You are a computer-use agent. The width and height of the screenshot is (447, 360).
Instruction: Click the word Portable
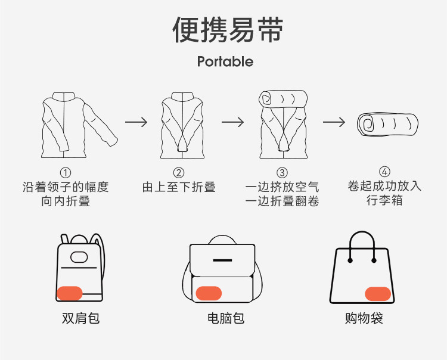(225, 62)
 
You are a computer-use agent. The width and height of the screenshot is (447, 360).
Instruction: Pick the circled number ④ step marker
(384, 172)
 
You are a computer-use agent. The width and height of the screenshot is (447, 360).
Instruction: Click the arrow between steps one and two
(136, 122)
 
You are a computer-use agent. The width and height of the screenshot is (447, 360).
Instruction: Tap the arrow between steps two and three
(233, 122)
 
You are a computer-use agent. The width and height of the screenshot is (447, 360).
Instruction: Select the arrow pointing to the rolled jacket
(334, 122)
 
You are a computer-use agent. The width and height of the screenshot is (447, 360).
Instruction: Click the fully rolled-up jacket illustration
(387, 124)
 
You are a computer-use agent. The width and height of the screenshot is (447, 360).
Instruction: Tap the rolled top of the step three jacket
(283, 98)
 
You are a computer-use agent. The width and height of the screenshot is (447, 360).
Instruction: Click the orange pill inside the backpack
(73, 293)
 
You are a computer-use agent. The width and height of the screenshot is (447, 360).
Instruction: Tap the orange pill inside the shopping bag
(377, 293)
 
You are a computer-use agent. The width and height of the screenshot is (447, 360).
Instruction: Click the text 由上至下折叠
(179, 187)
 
